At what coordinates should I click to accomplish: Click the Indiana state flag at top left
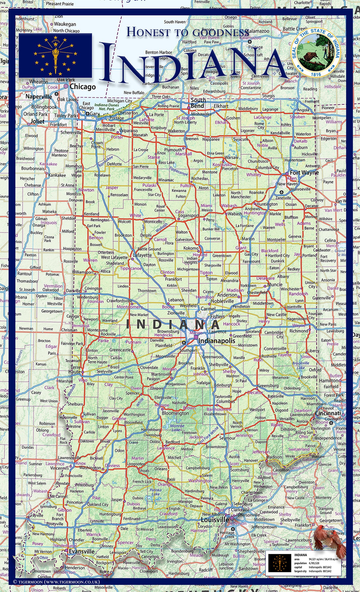click(55, 55)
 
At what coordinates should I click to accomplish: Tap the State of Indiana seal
click(316, 53)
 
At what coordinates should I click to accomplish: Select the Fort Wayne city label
click(304, 172)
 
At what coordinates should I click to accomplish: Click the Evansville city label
click(81, 551)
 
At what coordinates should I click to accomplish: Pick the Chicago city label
click(83, 87)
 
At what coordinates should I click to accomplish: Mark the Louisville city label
click(215, 520)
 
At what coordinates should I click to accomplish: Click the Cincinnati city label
click(328, 413)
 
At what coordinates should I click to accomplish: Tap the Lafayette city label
click(142, 255)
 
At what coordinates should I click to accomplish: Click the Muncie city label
click(275, 284)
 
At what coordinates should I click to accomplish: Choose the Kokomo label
click(191, 248)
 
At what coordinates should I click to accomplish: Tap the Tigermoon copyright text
click(56, 582)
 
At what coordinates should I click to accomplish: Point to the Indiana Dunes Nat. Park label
click(107, 107)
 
